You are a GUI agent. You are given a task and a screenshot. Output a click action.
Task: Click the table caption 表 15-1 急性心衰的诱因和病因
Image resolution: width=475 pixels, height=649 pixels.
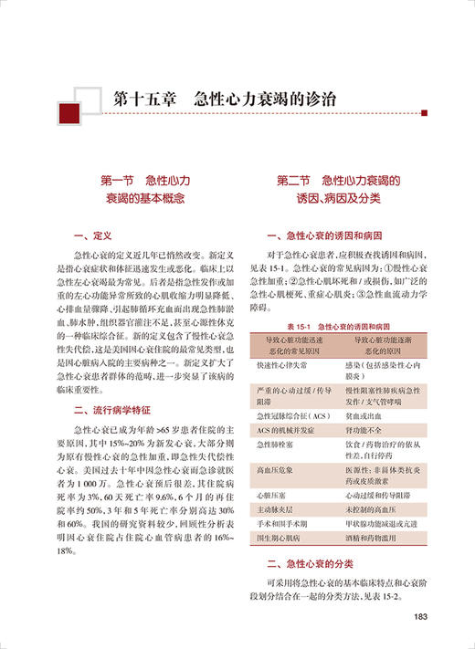tap(338, 326)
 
